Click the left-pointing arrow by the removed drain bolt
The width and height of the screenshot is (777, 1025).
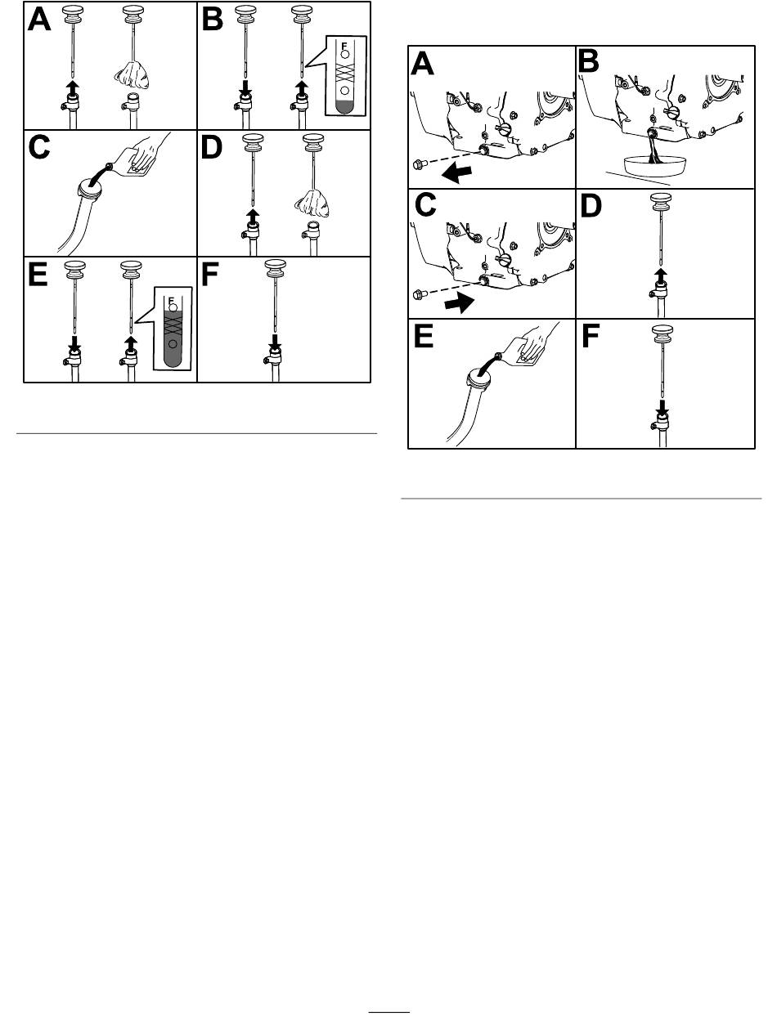click(456, 175)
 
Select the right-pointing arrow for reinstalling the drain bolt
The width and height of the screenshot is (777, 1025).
click(460, 303)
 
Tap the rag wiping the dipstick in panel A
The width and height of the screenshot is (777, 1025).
click(132, 77)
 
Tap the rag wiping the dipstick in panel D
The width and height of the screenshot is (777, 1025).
click(312, 204)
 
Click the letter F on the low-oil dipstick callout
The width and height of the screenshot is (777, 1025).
click(344, 47)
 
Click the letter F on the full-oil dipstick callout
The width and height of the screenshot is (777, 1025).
click(171, 300)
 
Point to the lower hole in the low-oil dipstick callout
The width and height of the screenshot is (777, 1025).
click(344, 91)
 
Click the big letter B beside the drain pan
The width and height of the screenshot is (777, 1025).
click(588, 61)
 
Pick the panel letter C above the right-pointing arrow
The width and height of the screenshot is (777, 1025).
click(425, 204)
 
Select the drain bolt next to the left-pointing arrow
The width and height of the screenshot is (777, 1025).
click(420, 164)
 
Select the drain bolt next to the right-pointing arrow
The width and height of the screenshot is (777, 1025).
click(420, 294)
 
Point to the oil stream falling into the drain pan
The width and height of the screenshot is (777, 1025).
click(652, 147)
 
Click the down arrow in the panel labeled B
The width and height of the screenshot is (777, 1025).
click(245, 87)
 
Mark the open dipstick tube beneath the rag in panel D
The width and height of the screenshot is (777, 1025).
click(312, 239)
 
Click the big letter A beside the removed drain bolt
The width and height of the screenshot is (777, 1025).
click(422, 64)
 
